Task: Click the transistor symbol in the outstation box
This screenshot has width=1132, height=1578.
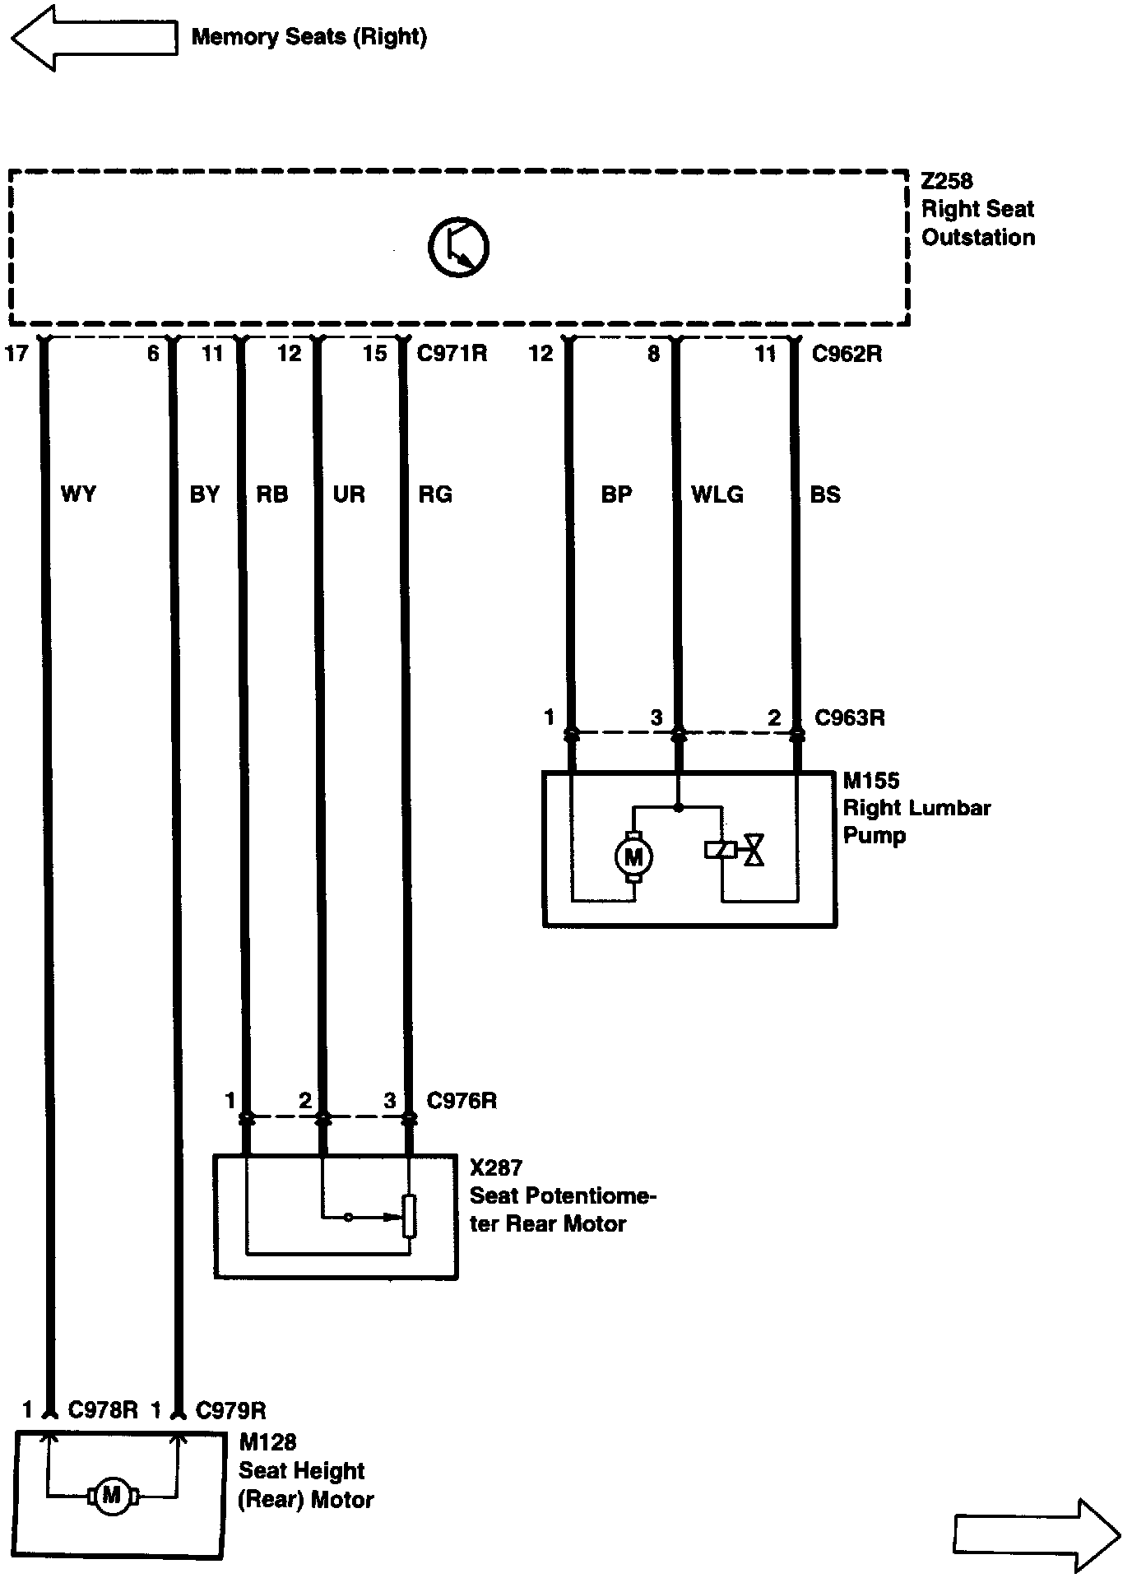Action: tap(458, 247)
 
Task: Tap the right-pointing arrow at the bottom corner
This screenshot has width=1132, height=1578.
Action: tap(1037, 1535)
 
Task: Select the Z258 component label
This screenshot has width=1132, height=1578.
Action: tap(946, 181)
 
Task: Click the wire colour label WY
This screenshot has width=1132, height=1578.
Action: tap(78, 494)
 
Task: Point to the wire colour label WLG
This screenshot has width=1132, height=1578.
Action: tap(717, 494)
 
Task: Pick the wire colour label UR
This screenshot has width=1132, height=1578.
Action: tap(349, 494)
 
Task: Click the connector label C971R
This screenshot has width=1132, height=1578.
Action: tap(452, 354)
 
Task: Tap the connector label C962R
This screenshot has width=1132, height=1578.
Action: tap(847, 354)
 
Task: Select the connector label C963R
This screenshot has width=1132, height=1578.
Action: tap(849, 717)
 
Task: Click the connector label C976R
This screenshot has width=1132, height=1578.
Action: tap(462, 1101)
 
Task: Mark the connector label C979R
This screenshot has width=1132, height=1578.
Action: tap(230, 1411)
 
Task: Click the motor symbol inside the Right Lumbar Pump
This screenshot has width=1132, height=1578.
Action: tap(633, 857)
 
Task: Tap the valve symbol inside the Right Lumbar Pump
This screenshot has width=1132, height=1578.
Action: tap(753, 850)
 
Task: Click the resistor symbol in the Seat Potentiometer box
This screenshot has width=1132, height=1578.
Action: tap(409, 1216)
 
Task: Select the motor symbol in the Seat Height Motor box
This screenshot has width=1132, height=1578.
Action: tap(111, 1495)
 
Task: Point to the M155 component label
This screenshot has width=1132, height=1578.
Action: tap(871, 780)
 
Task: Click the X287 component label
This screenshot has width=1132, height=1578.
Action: tap(496, 1167)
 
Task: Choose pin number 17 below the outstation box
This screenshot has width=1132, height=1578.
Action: tap(16, 354)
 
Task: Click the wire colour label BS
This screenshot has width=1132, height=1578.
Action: tap(825, 494)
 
